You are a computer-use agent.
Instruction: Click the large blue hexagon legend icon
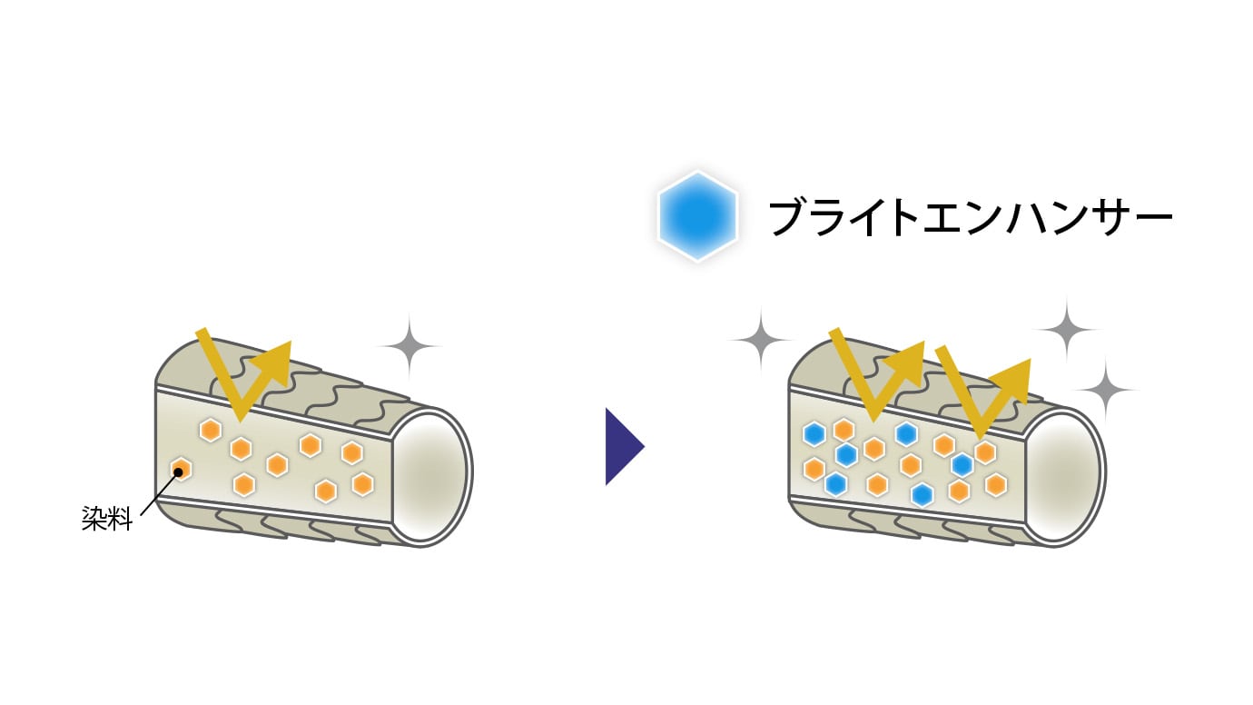[x=697, y=216]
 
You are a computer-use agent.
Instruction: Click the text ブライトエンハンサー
[x=970, y=218]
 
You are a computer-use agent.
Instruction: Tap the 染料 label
[x=107, y=518]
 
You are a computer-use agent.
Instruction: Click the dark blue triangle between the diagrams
[x=625, y=446]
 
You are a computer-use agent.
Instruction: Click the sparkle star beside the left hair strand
[x=409, y=346]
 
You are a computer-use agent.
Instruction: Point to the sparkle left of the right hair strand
[x=761, y=339]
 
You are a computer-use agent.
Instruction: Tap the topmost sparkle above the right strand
[x=1067, y=329]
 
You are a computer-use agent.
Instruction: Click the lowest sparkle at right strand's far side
[x=1105, y=389]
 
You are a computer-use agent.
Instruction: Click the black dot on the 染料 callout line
[x=179, y=472]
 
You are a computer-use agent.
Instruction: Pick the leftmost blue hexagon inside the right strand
[x=814, y=434]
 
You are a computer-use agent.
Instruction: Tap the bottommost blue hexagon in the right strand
[x=922, y=494]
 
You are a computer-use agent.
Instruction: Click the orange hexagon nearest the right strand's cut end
[x=996, y=484]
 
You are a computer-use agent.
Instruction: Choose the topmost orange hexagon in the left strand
[x=211, y=430]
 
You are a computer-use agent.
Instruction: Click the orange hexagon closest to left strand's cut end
[x=362, y=483]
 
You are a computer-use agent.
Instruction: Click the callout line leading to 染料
[x=160, y=493]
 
